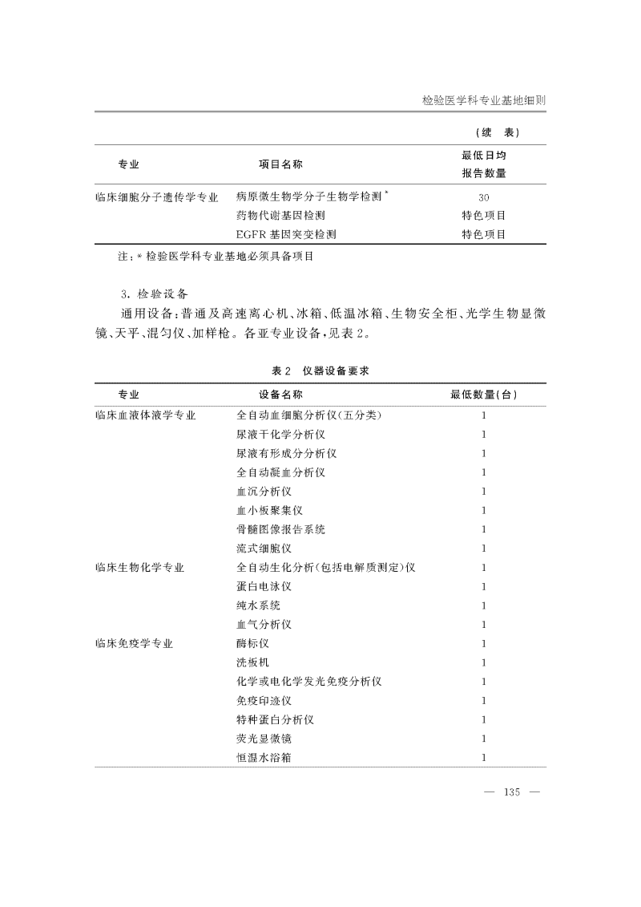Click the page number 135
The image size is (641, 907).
point(511,793)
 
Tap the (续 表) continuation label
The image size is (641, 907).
point(498,132)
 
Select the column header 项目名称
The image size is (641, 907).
point(280,164)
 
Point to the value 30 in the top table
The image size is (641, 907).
point(483,197)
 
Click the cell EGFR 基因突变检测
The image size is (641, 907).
point(286,235)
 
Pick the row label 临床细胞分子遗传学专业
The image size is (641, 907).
point(156,196)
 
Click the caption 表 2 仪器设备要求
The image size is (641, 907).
point(320,370)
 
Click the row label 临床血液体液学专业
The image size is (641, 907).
point(145,415)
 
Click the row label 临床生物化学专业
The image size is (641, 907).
point(139,568)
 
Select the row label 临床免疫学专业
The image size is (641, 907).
point(134,644)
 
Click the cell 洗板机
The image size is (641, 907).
point(252,662)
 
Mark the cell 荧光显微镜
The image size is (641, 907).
point(264,739)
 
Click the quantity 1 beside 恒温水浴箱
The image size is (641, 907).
point(483,757)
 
